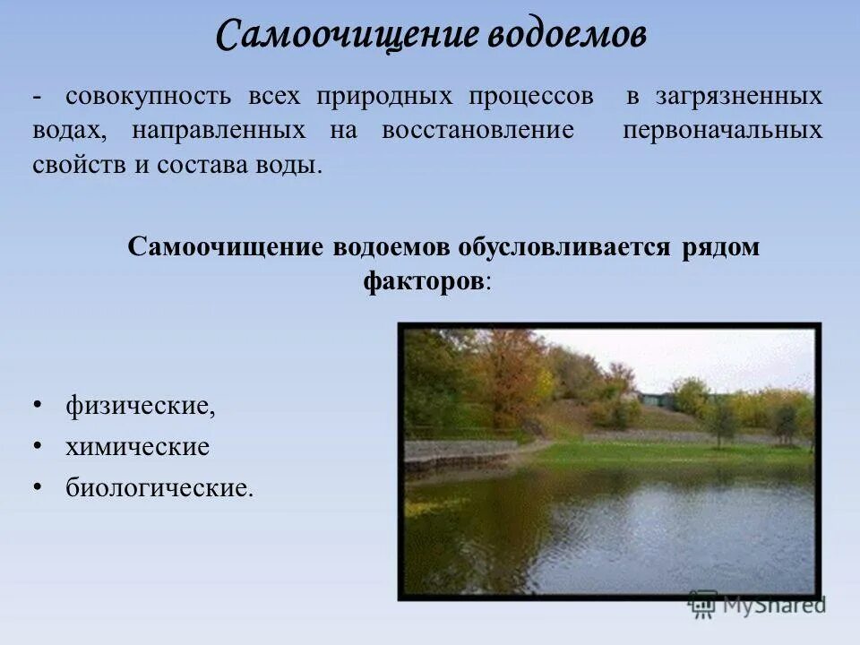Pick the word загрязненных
(x=740, y=96)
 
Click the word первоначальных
(x=722, y=131)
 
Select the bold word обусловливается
(x=563, y=247)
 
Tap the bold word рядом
(x=718, y=247)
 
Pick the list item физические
(x=141, y=406)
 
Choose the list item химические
(x=137, y=446)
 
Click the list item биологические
(x=159, y=487)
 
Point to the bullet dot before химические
(x=38, y=446)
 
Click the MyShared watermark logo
(x=757, y=605)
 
